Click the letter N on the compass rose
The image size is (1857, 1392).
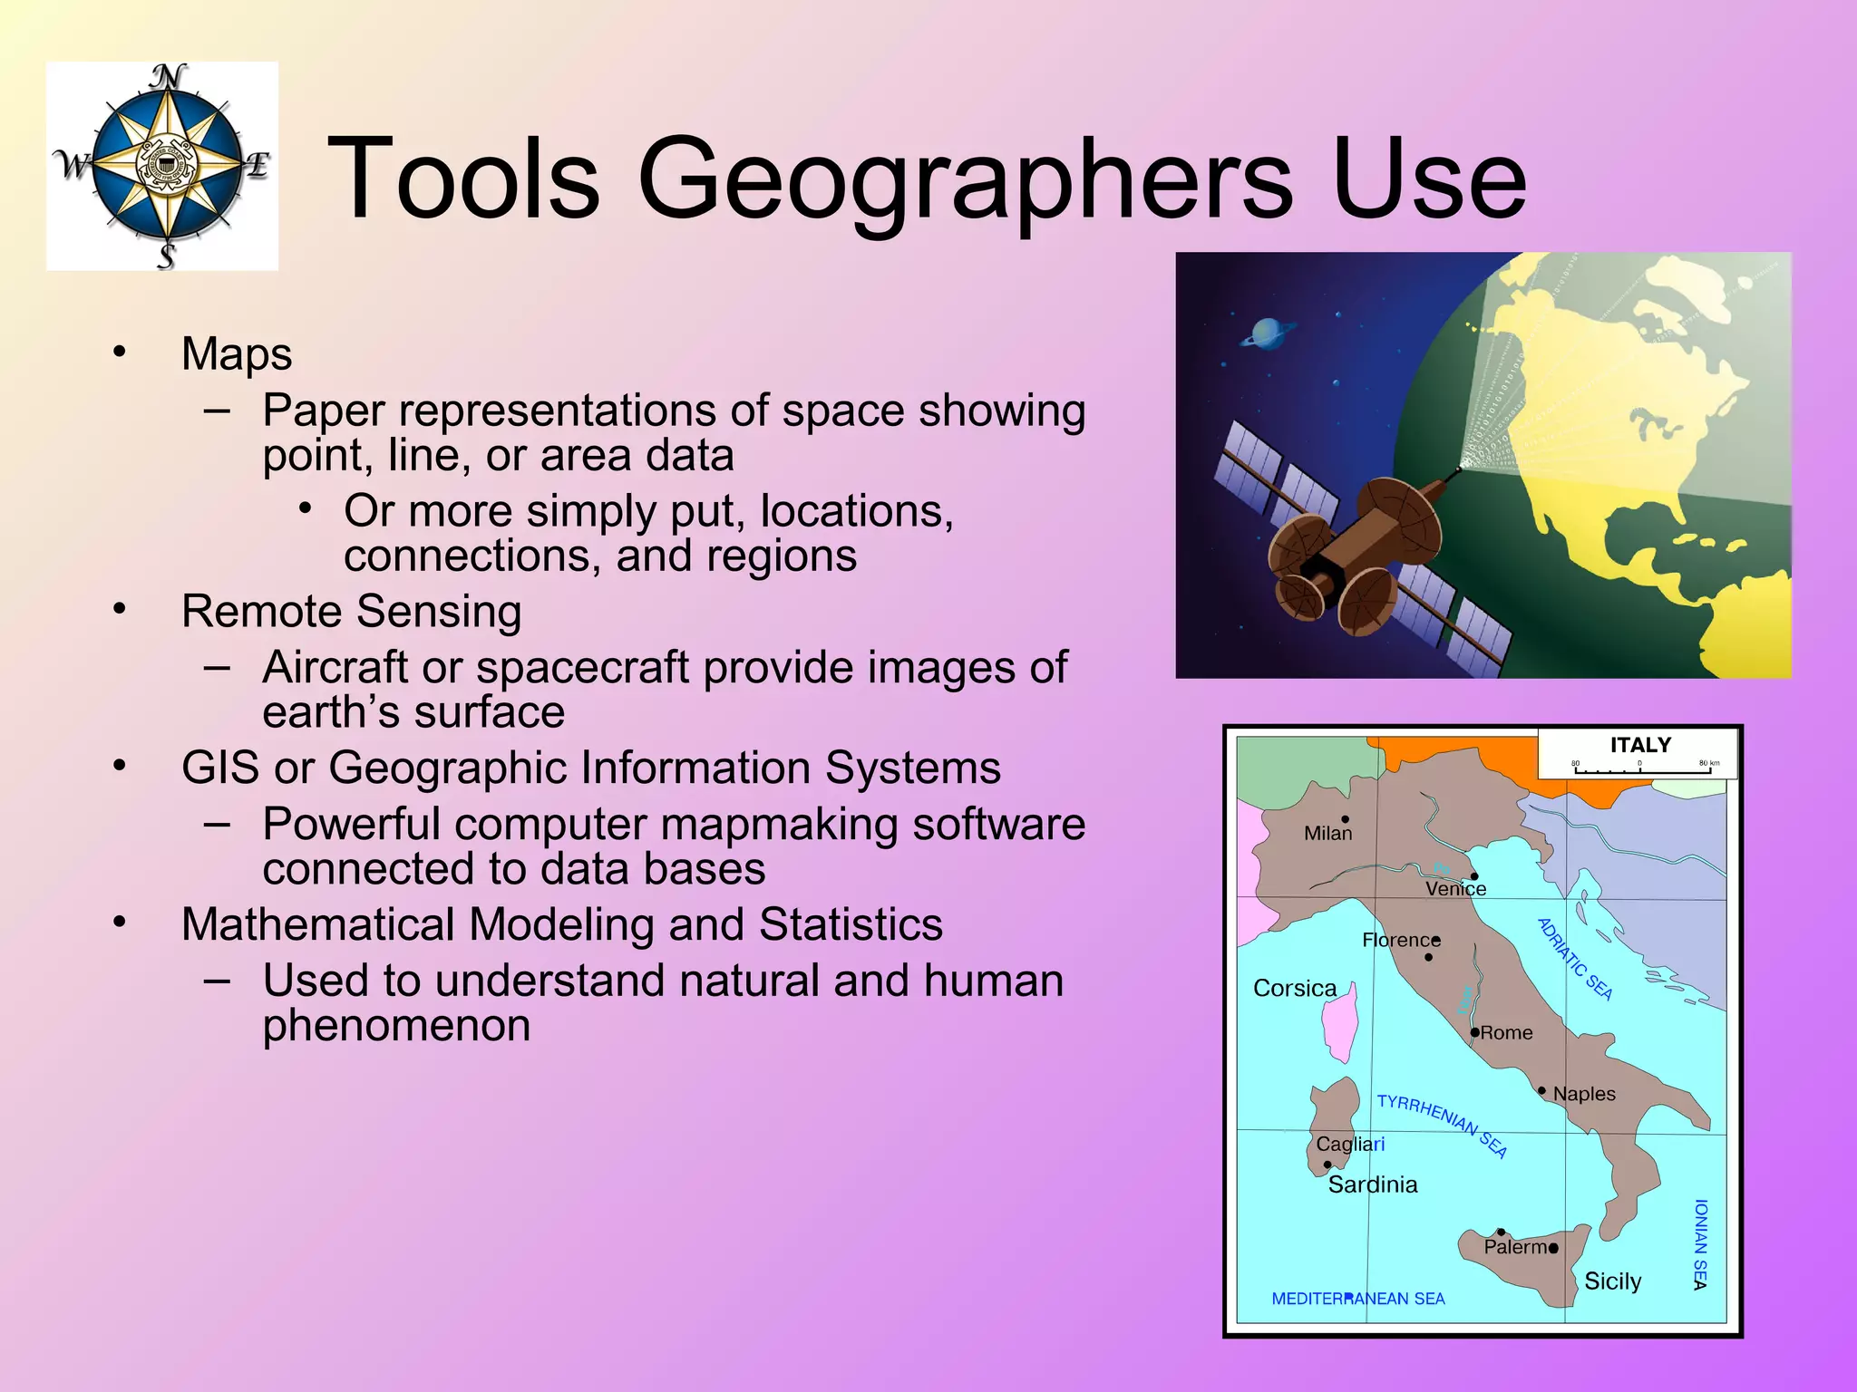pyautogui.click(x=168, y=79)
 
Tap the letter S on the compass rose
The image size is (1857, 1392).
pyautogui.click(x=166, y=256)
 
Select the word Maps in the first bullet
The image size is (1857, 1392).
pyautogui.click(x=237, y=353)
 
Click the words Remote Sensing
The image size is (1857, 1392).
pyautogui.click(x=351, y=611)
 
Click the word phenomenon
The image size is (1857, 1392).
pyautogui.click(x=396, y=1025)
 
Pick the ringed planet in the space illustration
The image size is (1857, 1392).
pyautogui.click(x=1267, y=334)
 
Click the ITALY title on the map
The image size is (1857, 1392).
pyautogui.click(x=1640, y=745)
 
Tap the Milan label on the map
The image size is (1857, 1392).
pyautogui.click(x=1327, y=833)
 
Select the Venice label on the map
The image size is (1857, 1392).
pyautogui.click(x=1455, y=889)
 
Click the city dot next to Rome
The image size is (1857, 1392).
pyautogui.click(x=1475, y=1032)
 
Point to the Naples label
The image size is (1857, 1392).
pyautogui.click(x=1584, y=1094)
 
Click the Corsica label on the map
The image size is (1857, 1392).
pyautogui.click(x=1295, y=988)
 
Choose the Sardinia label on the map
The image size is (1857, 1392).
pyautogui.click(x=1373, y=1184)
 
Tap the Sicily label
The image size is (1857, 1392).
pyautogui.click(x=1612, y=1281)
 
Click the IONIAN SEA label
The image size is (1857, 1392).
pyautogui.click(x=1700, y=1244)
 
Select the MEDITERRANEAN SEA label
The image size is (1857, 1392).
pyautogui.click(x=1357, y=1299)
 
